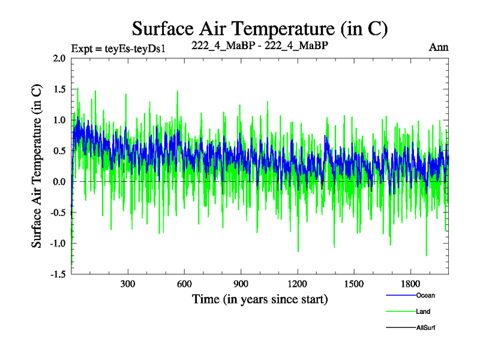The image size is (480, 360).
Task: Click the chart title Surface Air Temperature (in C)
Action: [x=260, y=28]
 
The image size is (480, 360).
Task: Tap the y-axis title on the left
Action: [x=37, y=166]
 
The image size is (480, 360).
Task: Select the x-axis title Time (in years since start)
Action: [x=260, y=298]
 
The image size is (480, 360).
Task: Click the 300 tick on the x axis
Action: [x=127, y=284]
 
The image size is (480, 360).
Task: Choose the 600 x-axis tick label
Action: [x=184, y=284]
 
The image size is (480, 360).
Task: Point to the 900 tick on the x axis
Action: [x=241, y=284]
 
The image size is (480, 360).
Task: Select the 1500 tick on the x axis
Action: [x=354, y=284]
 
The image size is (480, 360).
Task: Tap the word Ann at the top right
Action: [x=439, y=47]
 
